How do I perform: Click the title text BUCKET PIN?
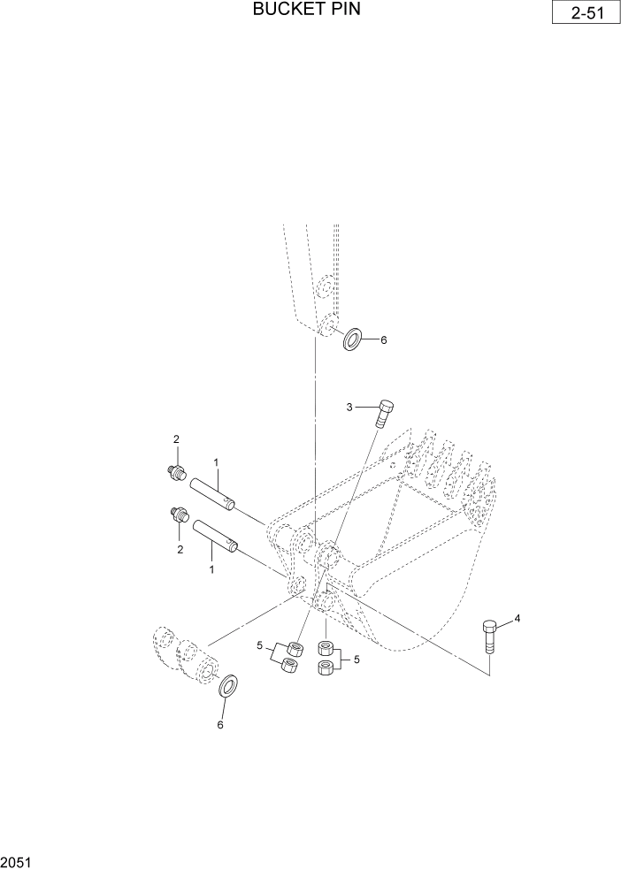[306, 10]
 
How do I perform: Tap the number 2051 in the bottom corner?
[15, 861]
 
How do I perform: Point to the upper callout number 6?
[384, 339]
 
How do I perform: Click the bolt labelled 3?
[386, 413]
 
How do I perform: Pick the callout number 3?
[349, 407]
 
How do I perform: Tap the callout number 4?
[517, 619]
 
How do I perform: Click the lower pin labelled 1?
[214, 535]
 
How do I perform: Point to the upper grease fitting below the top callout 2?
[176, 474]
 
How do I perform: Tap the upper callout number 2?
[176, 439]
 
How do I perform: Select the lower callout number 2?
[180, 549]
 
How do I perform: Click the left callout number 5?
[260, 646]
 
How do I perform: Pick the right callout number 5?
[356, 659]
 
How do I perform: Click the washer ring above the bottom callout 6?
[228, 685]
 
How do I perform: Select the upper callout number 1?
[216, 461]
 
